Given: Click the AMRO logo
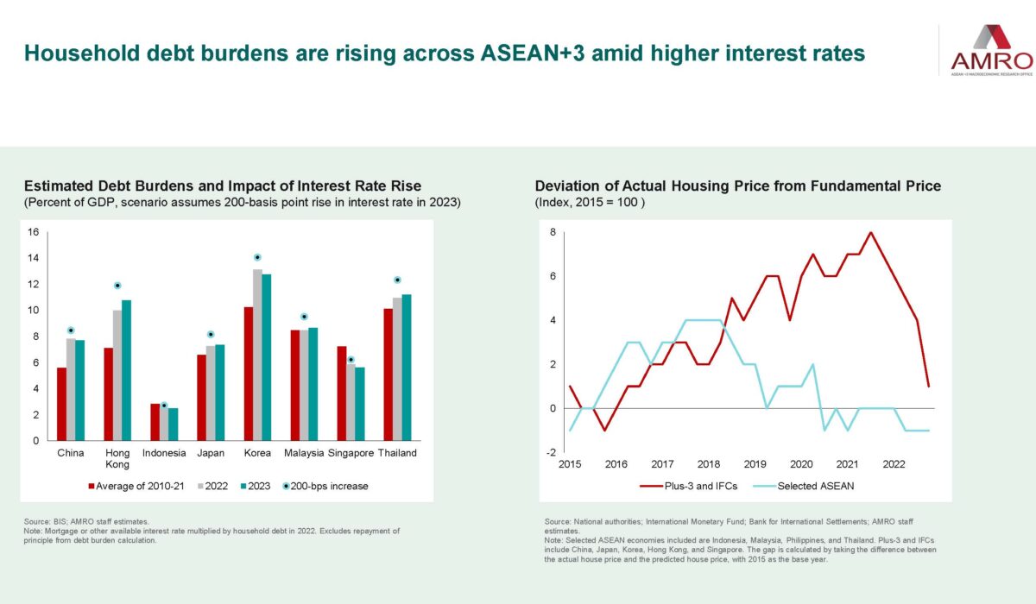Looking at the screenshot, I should click(x=990, y=48).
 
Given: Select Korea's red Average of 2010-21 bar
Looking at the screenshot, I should click(x=248, y=374).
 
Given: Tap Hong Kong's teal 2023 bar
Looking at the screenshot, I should click(x=127, y=370).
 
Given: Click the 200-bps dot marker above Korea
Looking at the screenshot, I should click(x=257, y=257).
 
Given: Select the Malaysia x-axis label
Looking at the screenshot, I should click(x=303, y=453).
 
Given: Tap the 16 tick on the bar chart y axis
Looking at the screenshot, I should click(x=34, y=232).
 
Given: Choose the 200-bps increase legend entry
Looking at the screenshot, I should click(x=325, y=486).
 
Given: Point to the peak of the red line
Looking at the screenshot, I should click(x=870, y=232).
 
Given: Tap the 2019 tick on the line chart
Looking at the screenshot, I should click(x=755, y=464).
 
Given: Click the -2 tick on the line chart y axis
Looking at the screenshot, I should click(x=549, y=451).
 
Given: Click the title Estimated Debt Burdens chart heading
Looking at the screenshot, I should click(x=223, y=186).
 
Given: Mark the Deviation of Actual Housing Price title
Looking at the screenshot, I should click(x=737, y=186).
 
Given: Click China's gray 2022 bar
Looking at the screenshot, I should click(x=71, y=389).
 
